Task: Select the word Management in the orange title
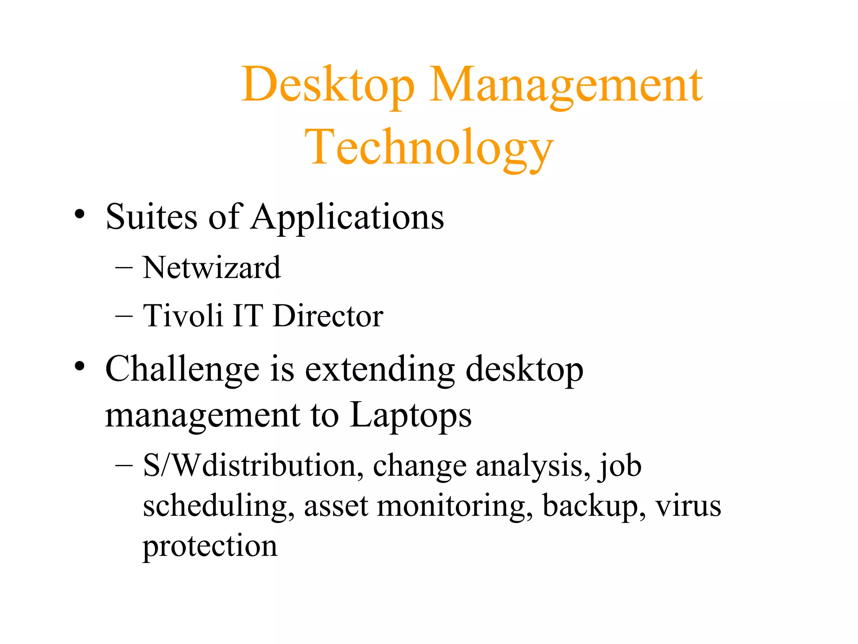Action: [566, 86]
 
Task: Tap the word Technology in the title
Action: [429, 148]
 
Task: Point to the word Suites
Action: [151, 217]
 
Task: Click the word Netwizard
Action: [212, 267]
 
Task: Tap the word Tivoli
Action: [183, 315]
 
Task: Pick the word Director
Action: [328, 315]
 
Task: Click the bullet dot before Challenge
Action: [80, 366]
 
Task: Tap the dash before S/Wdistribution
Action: [124, 466]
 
